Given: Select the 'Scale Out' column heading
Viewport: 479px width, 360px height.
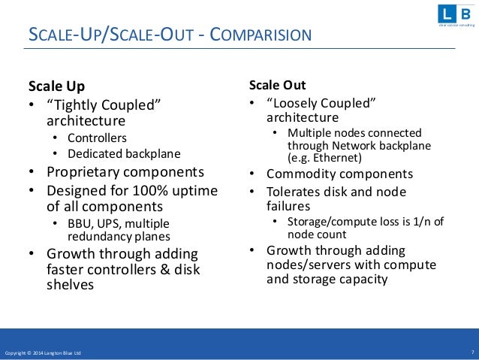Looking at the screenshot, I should pyautogui.click(x=277, y=85).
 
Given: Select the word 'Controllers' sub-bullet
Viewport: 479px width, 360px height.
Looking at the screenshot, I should pyautogui.click(x=97, y=138).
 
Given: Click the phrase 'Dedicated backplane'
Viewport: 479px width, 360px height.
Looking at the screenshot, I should pyautogui.click(x=124, y=153).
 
